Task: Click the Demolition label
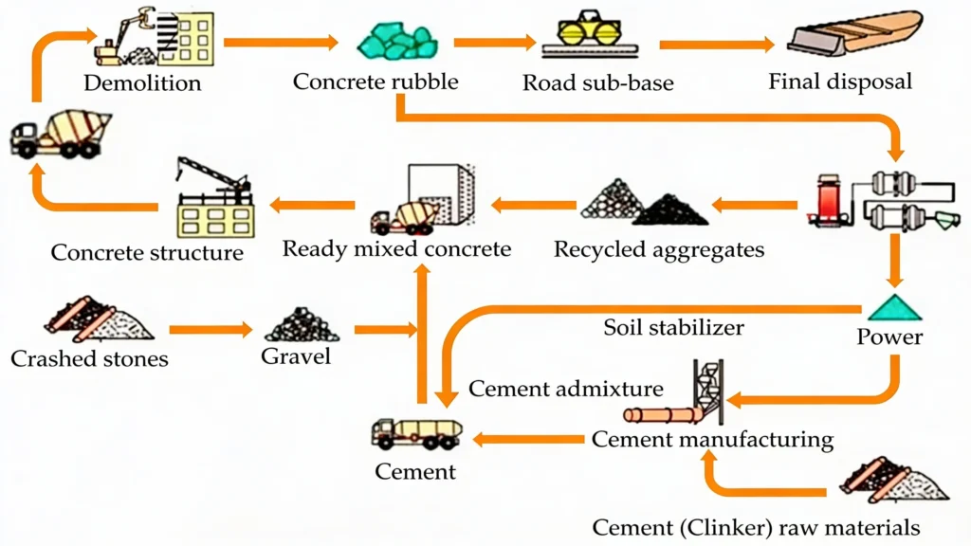(x=142, y=82)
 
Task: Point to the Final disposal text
(x=840, y=81)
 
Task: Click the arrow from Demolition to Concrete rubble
(x=281, y=42)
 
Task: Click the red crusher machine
(x=828, y=200)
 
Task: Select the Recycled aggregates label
(x=659, y=249)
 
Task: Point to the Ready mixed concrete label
(x=396, y=249)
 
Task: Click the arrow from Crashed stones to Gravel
(x=211, y=330)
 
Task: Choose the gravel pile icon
(x=302, y=325)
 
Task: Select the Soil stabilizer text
(x=673, y=328)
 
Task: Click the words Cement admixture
(x=566, y=389)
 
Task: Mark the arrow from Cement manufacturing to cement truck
(x=528, y=438)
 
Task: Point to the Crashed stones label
(x=89, y=358)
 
